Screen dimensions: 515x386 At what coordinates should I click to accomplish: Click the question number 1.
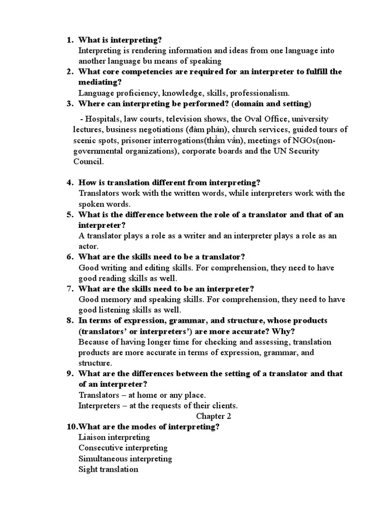[69, 40]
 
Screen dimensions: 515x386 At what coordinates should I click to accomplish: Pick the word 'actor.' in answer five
[89, 246]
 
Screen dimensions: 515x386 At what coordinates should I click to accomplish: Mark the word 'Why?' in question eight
[285, 331]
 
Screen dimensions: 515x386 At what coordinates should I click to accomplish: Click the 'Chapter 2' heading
[213, 416]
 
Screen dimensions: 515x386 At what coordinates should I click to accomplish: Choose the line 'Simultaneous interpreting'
[125, 458]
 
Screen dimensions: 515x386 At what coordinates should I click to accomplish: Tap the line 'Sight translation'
[108, 469]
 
